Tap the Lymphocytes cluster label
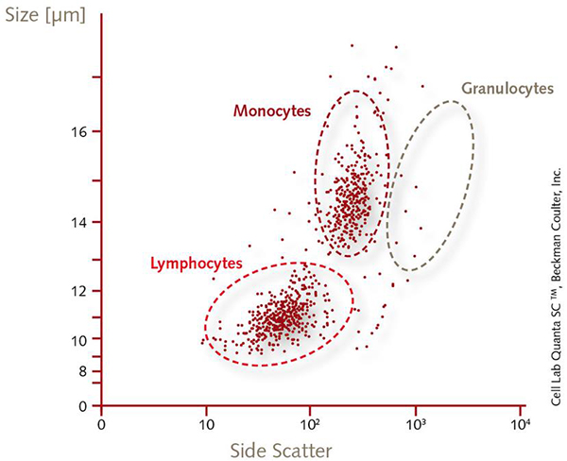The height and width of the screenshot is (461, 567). [197, 263]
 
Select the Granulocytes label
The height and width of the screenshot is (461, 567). [507, 89]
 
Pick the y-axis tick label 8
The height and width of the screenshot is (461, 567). [83, 371]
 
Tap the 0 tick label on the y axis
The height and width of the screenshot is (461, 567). [83, 406]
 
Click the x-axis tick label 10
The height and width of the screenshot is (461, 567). [205, 425]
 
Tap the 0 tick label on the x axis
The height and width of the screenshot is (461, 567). [102, 425]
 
